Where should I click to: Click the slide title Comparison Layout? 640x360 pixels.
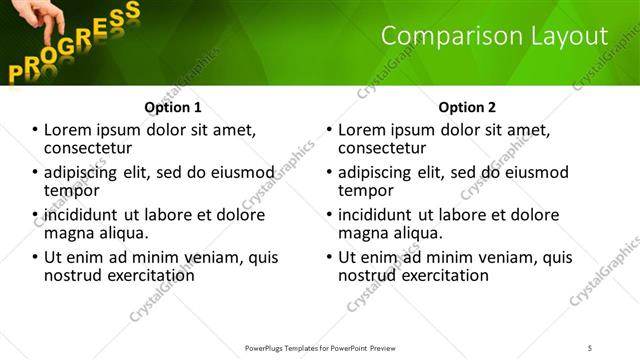(494, 36)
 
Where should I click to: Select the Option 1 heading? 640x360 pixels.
(173, 107)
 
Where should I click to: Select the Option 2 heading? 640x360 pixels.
(466, 107)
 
